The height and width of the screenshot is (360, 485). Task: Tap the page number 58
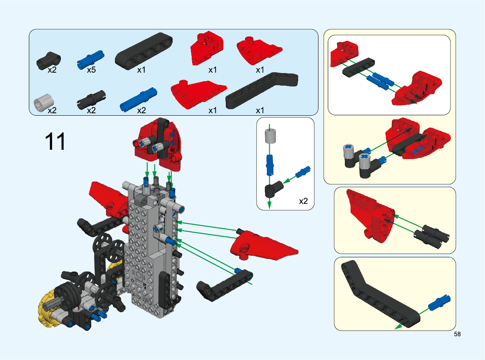(457, 334)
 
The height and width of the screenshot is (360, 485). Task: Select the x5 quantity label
(91, 70)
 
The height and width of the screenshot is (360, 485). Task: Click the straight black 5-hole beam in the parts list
(144, 51)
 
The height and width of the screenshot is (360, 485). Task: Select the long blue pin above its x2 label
(139, 99)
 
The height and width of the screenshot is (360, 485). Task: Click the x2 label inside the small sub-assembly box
(303, 201)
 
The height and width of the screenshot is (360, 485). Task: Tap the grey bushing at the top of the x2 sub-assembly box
(270, 135)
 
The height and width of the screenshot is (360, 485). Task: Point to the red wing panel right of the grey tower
(262, 246)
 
